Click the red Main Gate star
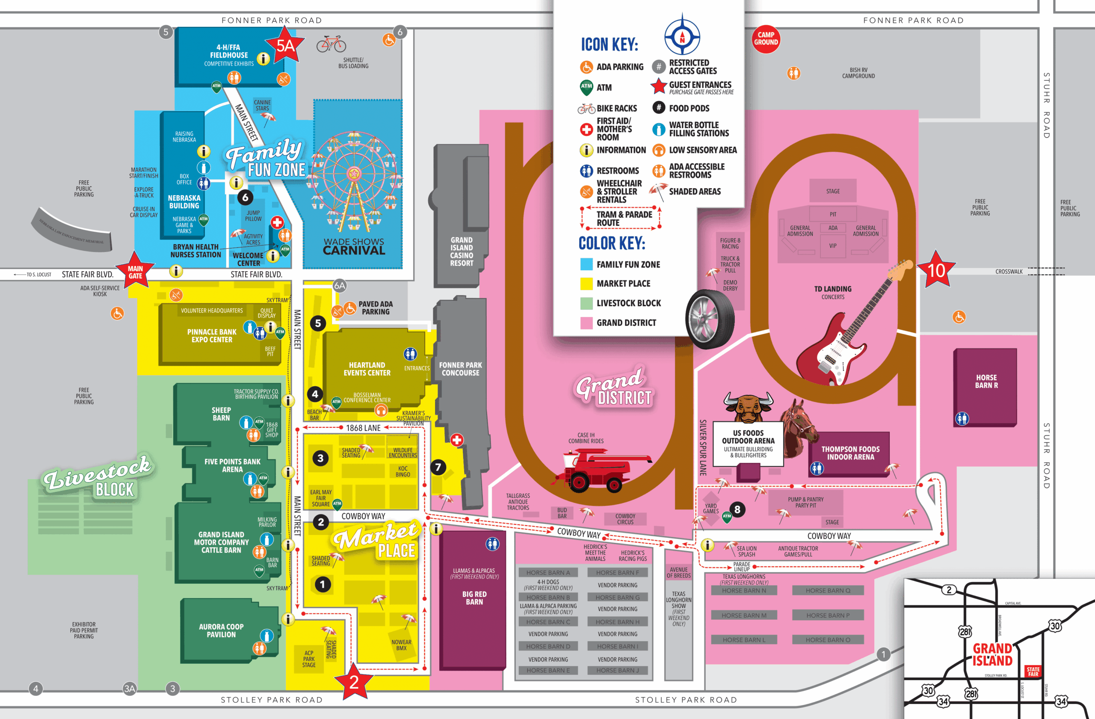coord(135,272)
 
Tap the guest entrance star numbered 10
coord(936,270)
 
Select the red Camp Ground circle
coord(766,38)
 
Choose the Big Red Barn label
coord(474,598)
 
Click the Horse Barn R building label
coord(986,382)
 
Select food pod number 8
coord(737,509)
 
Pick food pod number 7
coord(438,467)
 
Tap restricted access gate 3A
coord(129,689)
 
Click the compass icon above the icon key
coord(682,36)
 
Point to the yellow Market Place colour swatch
coord(586,284)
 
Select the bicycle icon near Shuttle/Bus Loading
coord(331,44)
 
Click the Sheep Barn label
coord(221,414)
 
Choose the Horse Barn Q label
coord(828,590)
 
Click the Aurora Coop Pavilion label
coord(221,630)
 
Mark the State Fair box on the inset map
coord(1033,671)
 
